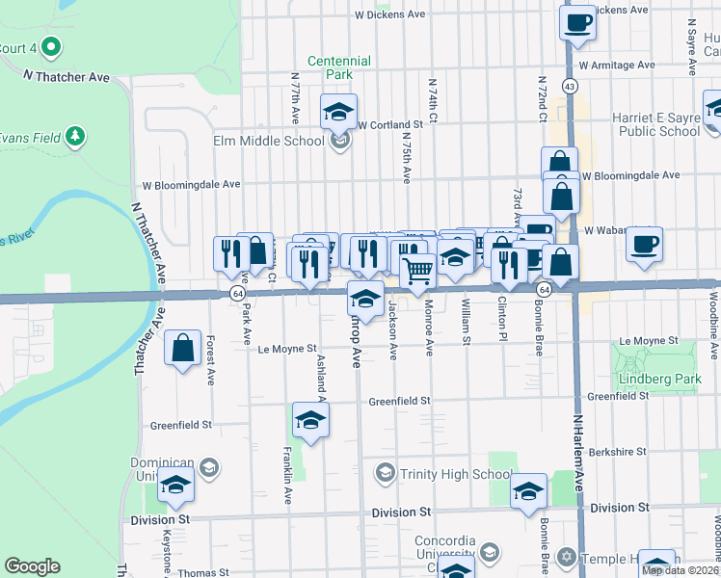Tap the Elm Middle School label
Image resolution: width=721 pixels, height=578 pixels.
point(268,141)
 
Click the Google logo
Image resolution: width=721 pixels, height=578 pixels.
point(32,565)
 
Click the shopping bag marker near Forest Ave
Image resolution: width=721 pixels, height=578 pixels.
point(182,348)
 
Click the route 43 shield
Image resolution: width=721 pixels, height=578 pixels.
point(571,87)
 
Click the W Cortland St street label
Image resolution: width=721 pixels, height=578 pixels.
point(390,125)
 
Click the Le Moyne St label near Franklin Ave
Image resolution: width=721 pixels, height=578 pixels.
point(287,349)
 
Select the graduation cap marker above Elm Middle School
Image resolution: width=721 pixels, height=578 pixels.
point(338,112)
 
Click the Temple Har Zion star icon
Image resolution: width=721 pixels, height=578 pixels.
point(567,557)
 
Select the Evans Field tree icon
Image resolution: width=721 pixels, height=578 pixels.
point(75,135)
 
